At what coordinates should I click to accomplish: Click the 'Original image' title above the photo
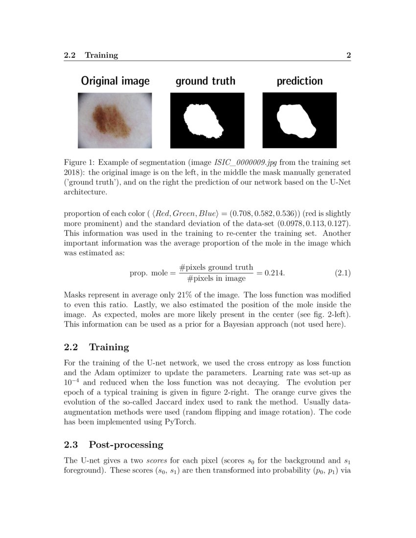pos(115,81)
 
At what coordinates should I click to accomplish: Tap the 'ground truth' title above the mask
pos(206,81)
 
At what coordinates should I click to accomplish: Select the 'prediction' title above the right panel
pos(300,81)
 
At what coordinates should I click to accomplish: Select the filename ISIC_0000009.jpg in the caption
pos(246,162)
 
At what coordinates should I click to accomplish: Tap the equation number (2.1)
pos(343,273)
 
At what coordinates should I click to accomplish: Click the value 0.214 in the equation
pos(275,273)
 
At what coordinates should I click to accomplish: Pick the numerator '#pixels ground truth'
pos(216,267)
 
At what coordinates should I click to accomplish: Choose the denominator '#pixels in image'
pos(216,278)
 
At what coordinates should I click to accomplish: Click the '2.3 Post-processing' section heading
pos(114,445)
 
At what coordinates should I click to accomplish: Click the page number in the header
pos(348,55)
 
